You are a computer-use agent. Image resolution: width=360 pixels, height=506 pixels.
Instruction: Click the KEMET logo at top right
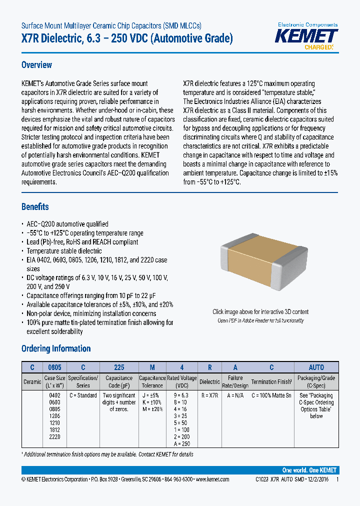point(307,36)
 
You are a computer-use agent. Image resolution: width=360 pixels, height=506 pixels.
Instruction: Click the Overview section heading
point(36,65)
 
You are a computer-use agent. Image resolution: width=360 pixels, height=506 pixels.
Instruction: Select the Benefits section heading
point(35,206)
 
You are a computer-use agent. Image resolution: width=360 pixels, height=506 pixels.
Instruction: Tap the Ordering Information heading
point(56,348)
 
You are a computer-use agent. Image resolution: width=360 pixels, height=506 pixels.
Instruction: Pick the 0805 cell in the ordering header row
point(54,367)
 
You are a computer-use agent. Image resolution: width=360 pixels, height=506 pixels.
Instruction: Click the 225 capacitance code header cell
point(119,367)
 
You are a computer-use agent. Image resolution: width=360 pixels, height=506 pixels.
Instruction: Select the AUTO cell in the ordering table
point(316,367)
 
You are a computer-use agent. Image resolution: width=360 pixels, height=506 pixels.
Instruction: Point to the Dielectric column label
point(209,382)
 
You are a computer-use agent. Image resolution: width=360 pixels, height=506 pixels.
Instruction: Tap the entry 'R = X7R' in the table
point(209,395)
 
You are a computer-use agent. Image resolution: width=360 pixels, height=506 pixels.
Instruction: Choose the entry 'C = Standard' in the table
point(83,395)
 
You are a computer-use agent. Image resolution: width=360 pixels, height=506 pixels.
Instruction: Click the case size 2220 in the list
point(54,437)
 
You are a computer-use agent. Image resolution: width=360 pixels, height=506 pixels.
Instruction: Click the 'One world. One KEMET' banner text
point(309,470)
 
